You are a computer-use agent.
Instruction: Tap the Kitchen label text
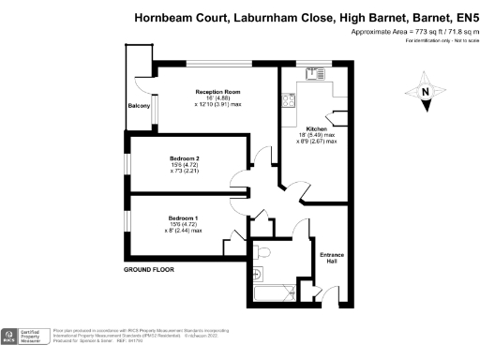[315, 127]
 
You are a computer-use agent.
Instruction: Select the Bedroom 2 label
[184, 157]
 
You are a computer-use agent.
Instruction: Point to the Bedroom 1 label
[184, 217]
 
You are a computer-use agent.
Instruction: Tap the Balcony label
[139, 106]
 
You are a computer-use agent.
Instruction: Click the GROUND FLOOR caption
[149, 270]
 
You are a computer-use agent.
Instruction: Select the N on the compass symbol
[425, 92]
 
